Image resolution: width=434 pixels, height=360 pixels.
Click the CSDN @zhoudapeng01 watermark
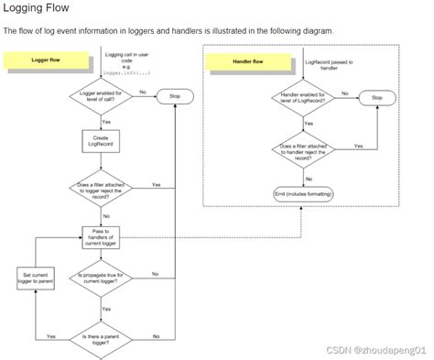pyautogui.click(x=381, y=350)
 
